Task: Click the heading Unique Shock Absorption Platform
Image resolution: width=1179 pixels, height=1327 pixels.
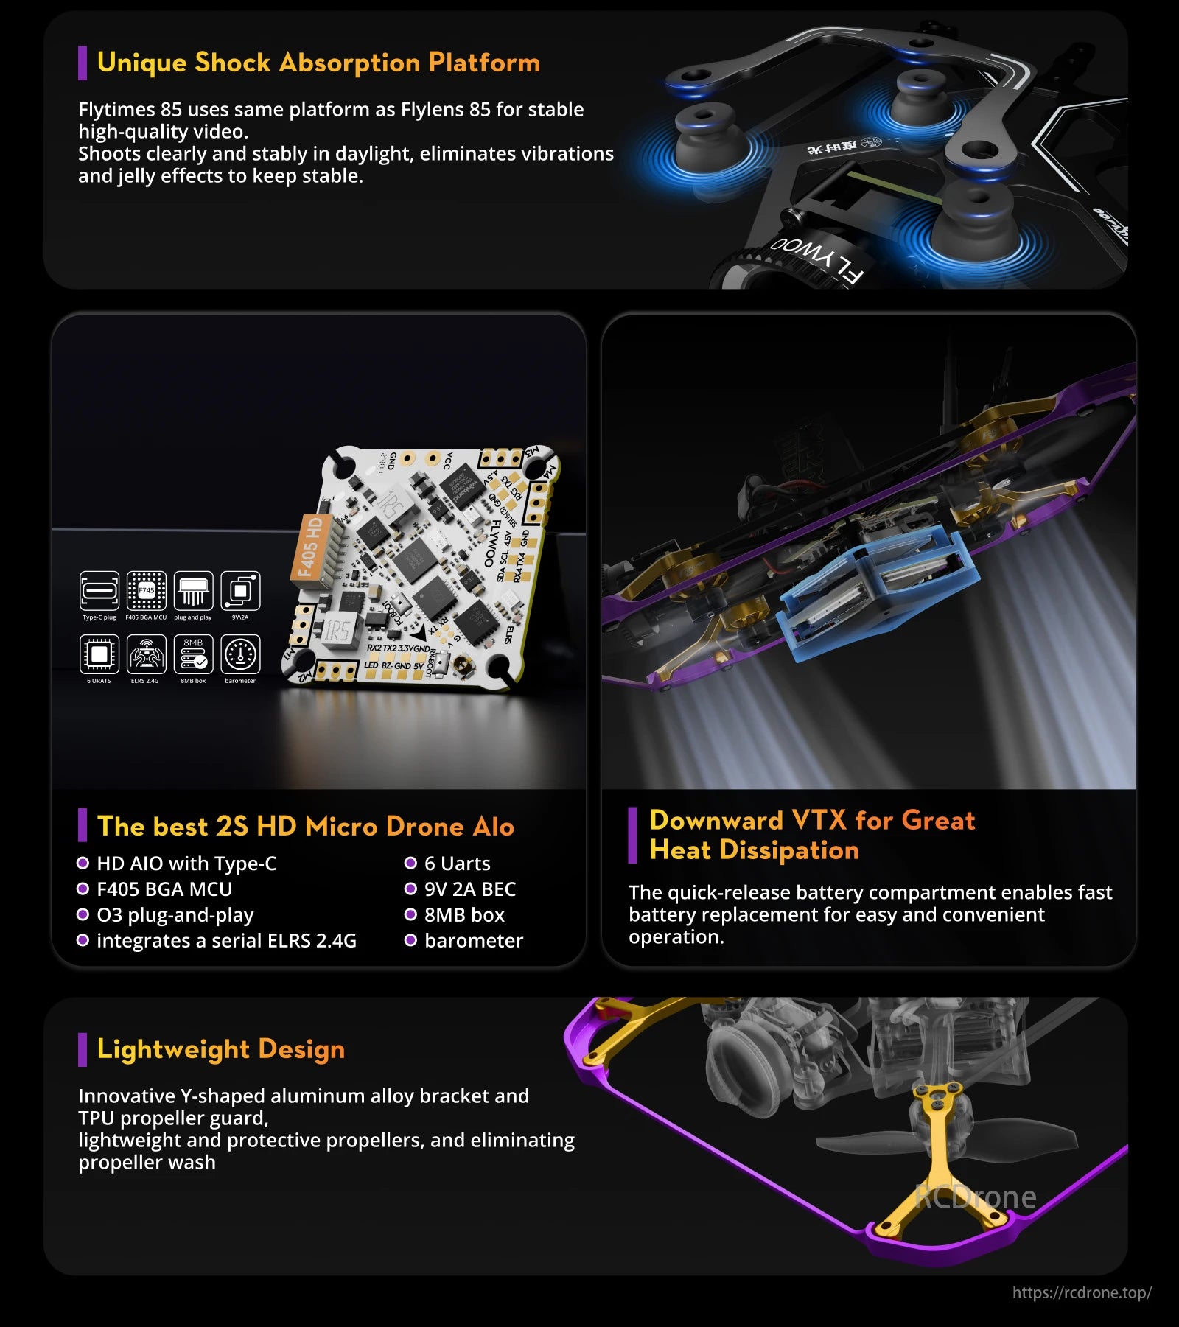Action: point(318,63)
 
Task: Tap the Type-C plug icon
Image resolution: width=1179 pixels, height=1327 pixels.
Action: point(99,591)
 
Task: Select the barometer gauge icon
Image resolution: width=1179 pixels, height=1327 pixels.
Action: point(240,654)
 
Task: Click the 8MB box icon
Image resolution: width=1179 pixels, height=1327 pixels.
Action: point(193,654)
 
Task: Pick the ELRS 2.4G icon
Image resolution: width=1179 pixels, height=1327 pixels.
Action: point(146,654)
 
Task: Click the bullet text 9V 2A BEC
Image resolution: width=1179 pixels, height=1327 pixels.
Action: point(469,889)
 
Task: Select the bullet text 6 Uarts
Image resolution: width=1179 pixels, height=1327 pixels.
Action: point(457,864)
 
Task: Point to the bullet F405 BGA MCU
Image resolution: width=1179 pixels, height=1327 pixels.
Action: point(164,889)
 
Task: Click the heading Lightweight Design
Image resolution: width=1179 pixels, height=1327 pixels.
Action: point(220,1049)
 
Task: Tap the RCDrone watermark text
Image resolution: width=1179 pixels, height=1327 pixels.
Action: point(975,1197)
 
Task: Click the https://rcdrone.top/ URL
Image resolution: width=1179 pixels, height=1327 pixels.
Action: point(1081,1292)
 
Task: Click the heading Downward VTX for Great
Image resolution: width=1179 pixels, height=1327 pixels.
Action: point(811,821)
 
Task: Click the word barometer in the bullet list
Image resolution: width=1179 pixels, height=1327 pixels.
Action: point(473,941)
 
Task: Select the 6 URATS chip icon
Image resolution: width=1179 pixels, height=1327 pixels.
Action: point(99,654)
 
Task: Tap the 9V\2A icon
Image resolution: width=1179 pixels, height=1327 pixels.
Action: point(240,591)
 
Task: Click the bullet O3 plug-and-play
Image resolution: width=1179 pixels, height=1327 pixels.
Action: point(175,915)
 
